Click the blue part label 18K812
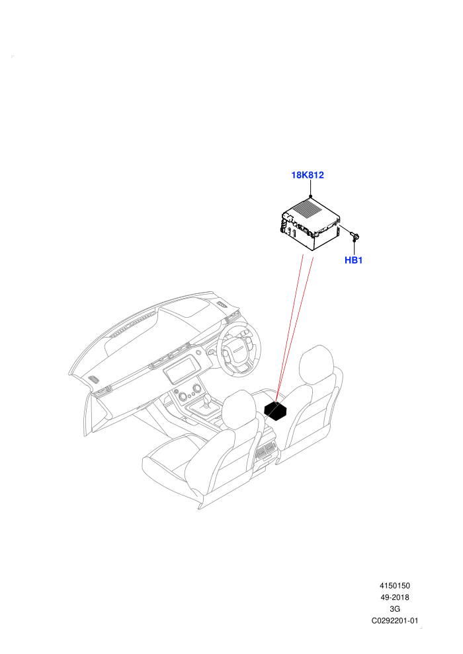308,175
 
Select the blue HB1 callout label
353,260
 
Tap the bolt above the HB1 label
355,237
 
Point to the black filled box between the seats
276,410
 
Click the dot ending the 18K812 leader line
310,196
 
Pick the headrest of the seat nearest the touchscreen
239,409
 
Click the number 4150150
394,586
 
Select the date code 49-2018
394,598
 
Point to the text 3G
394,609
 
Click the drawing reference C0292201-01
394,621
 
